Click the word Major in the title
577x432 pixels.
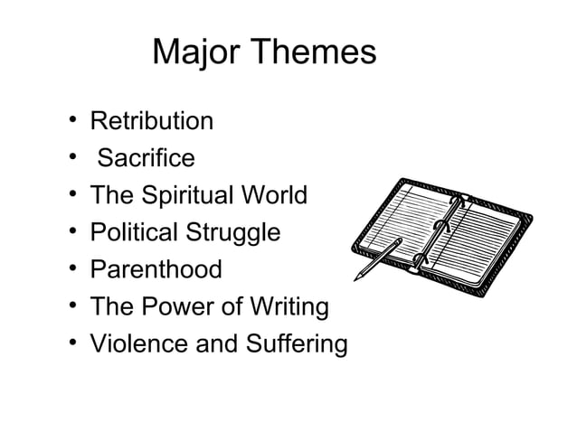(x=197, y=53)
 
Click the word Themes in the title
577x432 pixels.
(x=313, y=53)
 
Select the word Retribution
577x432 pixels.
(x=151, y=121)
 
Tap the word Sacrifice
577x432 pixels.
(x=146, y=158)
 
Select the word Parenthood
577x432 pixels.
(x=155, y=269)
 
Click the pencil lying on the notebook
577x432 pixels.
(x=381, y=258)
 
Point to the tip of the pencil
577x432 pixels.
(x=355, y=278)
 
